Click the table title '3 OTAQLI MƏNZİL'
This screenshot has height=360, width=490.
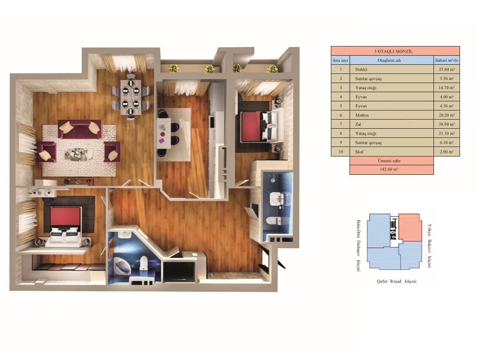(395, 51)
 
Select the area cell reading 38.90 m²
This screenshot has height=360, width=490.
(447, 124)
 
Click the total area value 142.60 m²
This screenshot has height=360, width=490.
(391, 170)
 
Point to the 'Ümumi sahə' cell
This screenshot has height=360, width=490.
(391, 160)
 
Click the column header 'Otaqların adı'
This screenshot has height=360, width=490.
(392, 60)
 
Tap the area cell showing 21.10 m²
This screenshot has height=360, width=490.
(447, 133)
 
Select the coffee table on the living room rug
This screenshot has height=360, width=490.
(79, 153)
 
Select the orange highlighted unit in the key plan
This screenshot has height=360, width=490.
(410, 227)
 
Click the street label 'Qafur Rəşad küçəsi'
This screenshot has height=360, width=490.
(397, 281)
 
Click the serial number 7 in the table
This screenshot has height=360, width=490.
(340, 124)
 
